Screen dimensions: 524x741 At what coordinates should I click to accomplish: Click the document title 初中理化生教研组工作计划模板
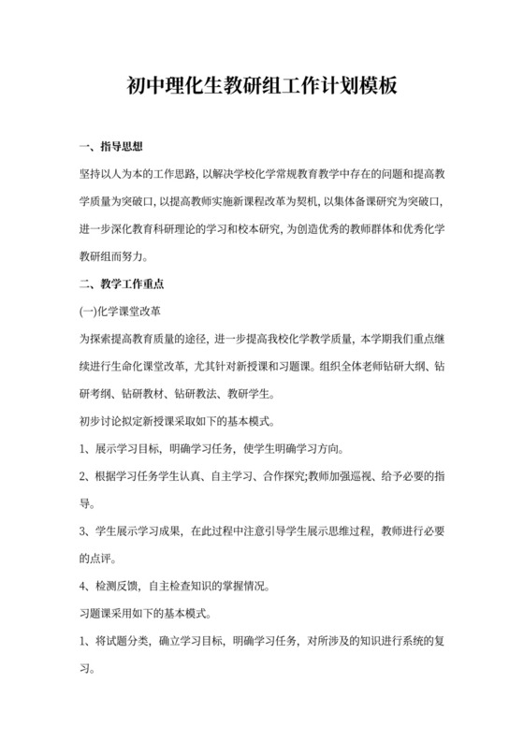(x=262, y=87)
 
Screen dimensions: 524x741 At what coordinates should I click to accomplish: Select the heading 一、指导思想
(x=109, y=147)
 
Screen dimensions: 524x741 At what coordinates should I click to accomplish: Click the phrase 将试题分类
(x=122, y=641)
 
